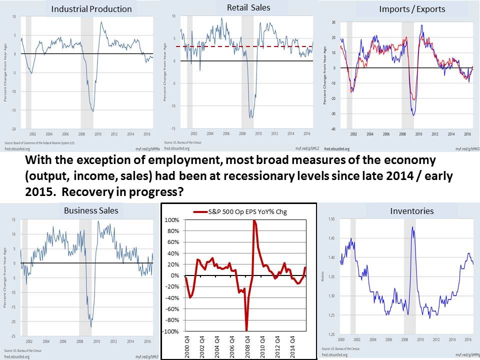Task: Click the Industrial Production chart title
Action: [91, 9]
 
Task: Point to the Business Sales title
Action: [91, 210]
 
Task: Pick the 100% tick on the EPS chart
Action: [172, 220]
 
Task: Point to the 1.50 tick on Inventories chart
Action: [331, 219]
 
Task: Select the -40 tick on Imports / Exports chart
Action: [331, 129]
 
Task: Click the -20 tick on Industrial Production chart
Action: [14, 129]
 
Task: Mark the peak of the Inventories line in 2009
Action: [412, 227]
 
